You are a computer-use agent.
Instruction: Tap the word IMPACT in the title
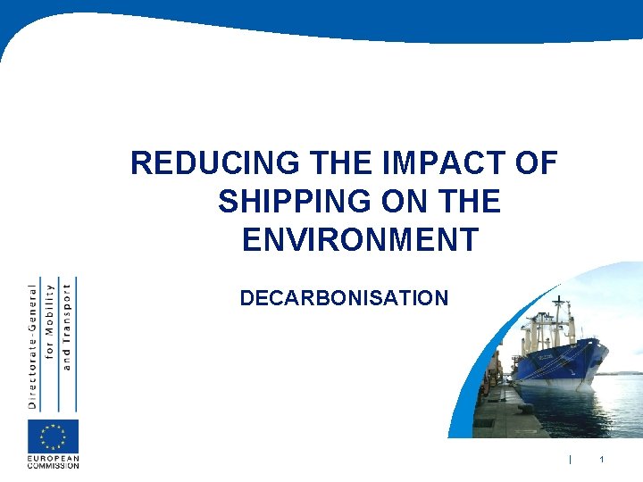(423, 164)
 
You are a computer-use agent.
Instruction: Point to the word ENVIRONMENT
(359, 240)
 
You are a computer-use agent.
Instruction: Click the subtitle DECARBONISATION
(344, 298)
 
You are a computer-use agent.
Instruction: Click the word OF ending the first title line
(536, 164)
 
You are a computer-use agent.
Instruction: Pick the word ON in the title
(407, 203)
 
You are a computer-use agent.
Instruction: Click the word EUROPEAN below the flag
(53, 458)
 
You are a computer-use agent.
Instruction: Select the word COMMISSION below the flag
(53, 465)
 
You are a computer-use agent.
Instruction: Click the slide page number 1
(602, 460)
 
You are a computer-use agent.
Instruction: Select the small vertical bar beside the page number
(569, 460)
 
